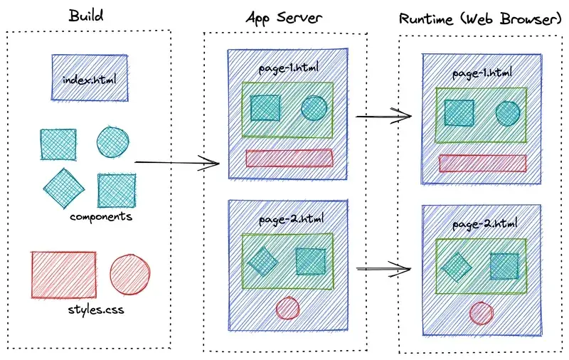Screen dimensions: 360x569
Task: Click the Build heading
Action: point(85,14)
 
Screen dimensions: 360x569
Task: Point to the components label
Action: point(101,216)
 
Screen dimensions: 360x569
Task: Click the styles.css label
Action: point(91,310)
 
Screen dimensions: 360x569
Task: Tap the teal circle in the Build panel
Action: point(113,142)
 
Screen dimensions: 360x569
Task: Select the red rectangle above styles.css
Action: point(64,274)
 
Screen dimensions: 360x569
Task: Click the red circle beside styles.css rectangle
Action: point(130,274)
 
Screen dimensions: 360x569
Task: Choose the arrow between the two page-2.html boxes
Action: point(384,269)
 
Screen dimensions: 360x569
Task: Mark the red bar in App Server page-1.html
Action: point(289,158)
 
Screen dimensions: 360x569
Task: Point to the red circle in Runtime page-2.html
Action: point(482,313)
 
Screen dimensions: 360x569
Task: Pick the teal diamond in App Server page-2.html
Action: point(263,260)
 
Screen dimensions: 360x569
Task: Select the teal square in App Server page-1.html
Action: point(265,107)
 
